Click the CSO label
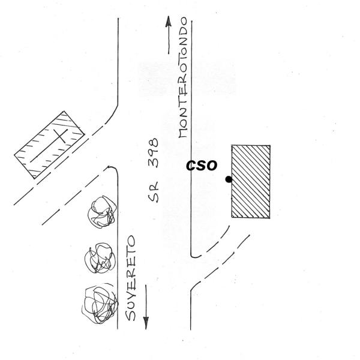click(201, 165)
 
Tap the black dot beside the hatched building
click(228, 179)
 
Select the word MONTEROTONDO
click(184, 81)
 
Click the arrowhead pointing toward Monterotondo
click(169, 21)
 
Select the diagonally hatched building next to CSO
click(251, 181)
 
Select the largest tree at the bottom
click(97, 304)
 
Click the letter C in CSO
click(190, 165)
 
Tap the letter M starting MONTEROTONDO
click(184, 132)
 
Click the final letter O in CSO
click(211, 165)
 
